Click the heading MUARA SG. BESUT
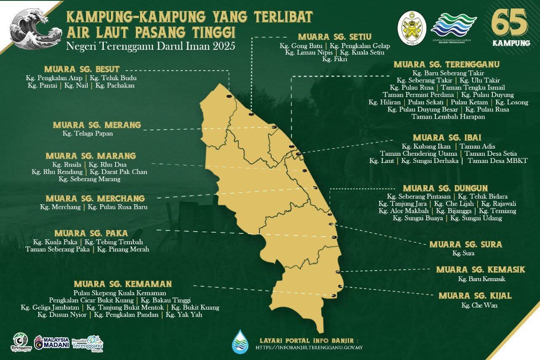(x=82, y=69)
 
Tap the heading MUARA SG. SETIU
(x=335, y=37)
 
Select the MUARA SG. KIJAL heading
(x=475, y=296)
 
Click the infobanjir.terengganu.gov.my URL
(x=309, y=348)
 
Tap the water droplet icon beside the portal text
(x=240, y=341)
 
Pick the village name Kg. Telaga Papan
(x=88, y=133)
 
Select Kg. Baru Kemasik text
(x=482, y=279)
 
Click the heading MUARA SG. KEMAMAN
(x=123, y=284)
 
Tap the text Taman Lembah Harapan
(x=448, y=117)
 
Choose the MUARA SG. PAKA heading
(x=91, y=233)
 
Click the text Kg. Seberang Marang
(x=89, y=179)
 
